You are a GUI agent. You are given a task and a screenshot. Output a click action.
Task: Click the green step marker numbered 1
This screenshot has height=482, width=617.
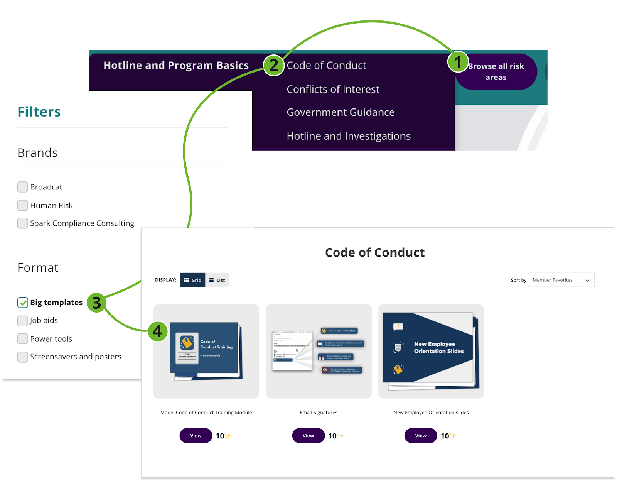point(458,62)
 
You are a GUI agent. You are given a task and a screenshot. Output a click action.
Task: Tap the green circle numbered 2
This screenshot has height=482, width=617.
point(274,65)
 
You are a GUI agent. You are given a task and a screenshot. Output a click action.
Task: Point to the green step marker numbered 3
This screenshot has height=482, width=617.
point(96,303)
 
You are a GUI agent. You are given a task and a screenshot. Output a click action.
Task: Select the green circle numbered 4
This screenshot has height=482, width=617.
point(157,331)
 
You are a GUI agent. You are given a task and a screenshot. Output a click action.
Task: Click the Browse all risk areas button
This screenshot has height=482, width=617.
point(496,72)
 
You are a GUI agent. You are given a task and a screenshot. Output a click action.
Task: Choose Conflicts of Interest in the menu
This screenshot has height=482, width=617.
point(333,89)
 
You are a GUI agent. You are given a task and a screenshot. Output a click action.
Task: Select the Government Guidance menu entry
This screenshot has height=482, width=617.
point(340,112)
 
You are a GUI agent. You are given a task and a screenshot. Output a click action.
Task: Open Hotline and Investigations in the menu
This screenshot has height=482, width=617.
point(348,136)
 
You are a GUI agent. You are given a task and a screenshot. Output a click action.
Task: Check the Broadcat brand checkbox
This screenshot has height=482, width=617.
point(23,187)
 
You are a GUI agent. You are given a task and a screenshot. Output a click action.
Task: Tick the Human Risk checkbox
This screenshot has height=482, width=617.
point(23,205)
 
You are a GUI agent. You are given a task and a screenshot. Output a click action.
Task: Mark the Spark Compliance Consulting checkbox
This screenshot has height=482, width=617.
point(23,223)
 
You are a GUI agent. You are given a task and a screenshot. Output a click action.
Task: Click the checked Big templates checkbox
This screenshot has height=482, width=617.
point(23,303)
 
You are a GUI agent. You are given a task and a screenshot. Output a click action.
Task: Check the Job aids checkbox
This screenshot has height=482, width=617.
point(23,321)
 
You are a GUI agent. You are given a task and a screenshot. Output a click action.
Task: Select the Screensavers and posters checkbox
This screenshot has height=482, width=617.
point(23,357)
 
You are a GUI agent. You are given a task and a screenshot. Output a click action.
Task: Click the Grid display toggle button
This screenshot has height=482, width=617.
point(192,280)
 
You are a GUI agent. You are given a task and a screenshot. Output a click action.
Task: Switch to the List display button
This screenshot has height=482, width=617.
point(217,280)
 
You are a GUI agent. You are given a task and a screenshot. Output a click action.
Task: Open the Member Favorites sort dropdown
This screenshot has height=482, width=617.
point(561,280)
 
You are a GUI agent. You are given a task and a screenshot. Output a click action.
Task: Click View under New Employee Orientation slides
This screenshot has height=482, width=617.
point(420,436)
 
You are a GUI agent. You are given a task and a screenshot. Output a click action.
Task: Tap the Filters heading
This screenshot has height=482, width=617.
point(39,112)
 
